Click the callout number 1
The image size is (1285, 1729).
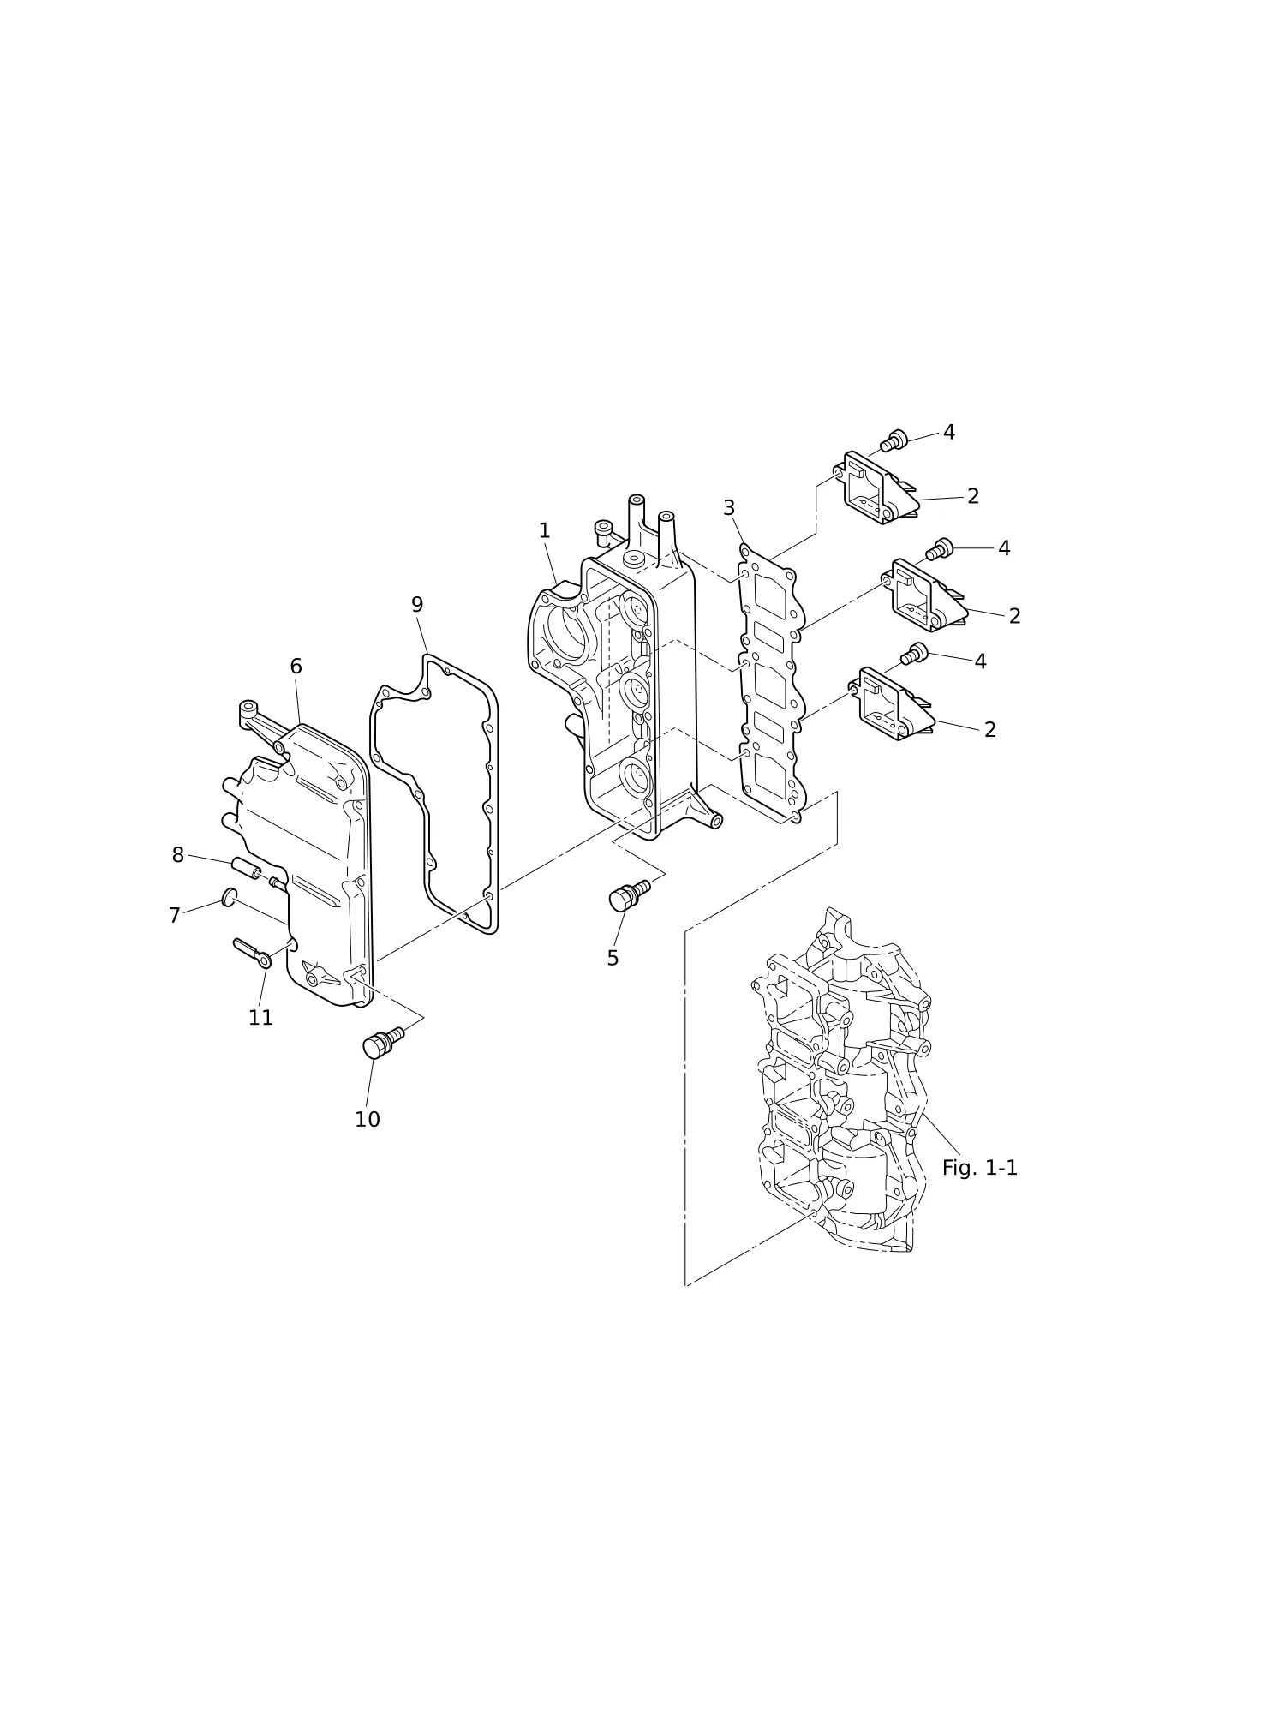[544, 531]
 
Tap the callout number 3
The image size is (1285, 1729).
[729, 508]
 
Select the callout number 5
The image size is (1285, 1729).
[613, 959]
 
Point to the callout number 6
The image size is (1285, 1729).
[296, 667]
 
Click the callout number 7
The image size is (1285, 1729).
[175, 916]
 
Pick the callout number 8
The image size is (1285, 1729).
[178, 855]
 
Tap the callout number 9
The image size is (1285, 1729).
[417, 605]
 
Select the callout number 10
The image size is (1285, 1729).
[368, 1120]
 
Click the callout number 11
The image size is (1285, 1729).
[260, 1018]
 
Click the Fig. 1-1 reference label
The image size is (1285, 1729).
[980, 1168]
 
